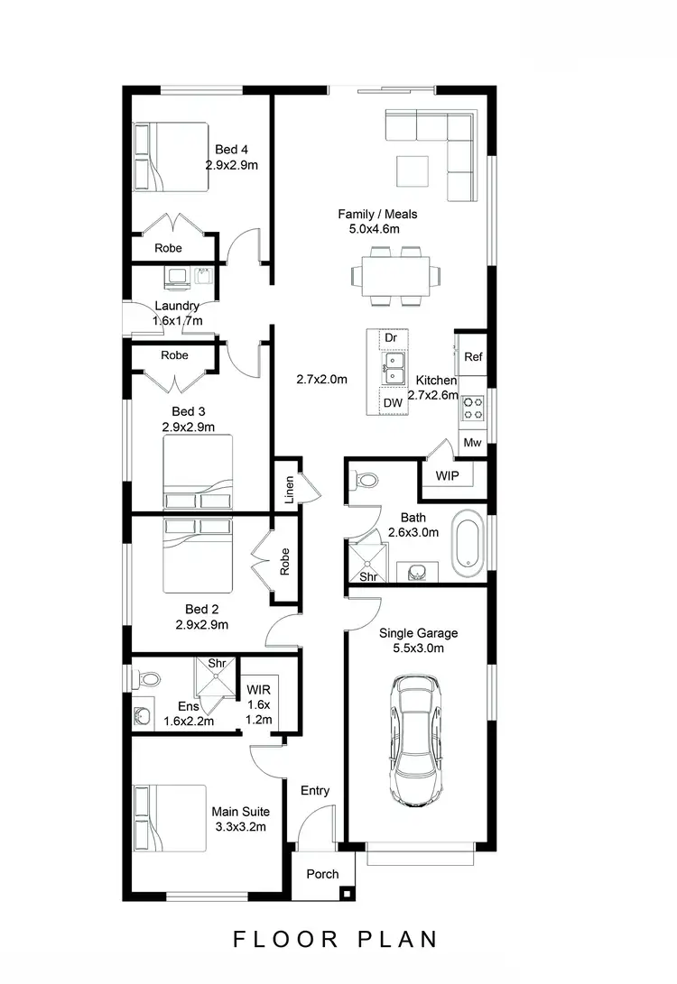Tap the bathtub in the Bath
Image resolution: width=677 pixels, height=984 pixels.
[x=468, y=544]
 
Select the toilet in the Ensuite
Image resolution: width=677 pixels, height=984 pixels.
[x=149, y=677]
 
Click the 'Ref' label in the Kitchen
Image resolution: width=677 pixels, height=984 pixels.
[x=473, y=357]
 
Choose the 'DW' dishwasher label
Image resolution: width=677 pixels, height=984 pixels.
[x=392, y=402]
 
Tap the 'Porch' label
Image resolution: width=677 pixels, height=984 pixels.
[x=322, y=874]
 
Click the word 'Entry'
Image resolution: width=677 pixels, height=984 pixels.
[x=315, y=791]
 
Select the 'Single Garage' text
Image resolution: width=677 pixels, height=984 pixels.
[x=418, y=633]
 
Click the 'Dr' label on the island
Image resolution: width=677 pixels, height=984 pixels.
[x=391, y=338]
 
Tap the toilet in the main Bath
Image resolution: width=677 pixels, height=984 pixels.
[x=365, y=480]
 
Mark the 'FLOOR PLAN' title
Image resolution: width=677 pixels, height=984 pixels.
[x=336, y=939]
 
